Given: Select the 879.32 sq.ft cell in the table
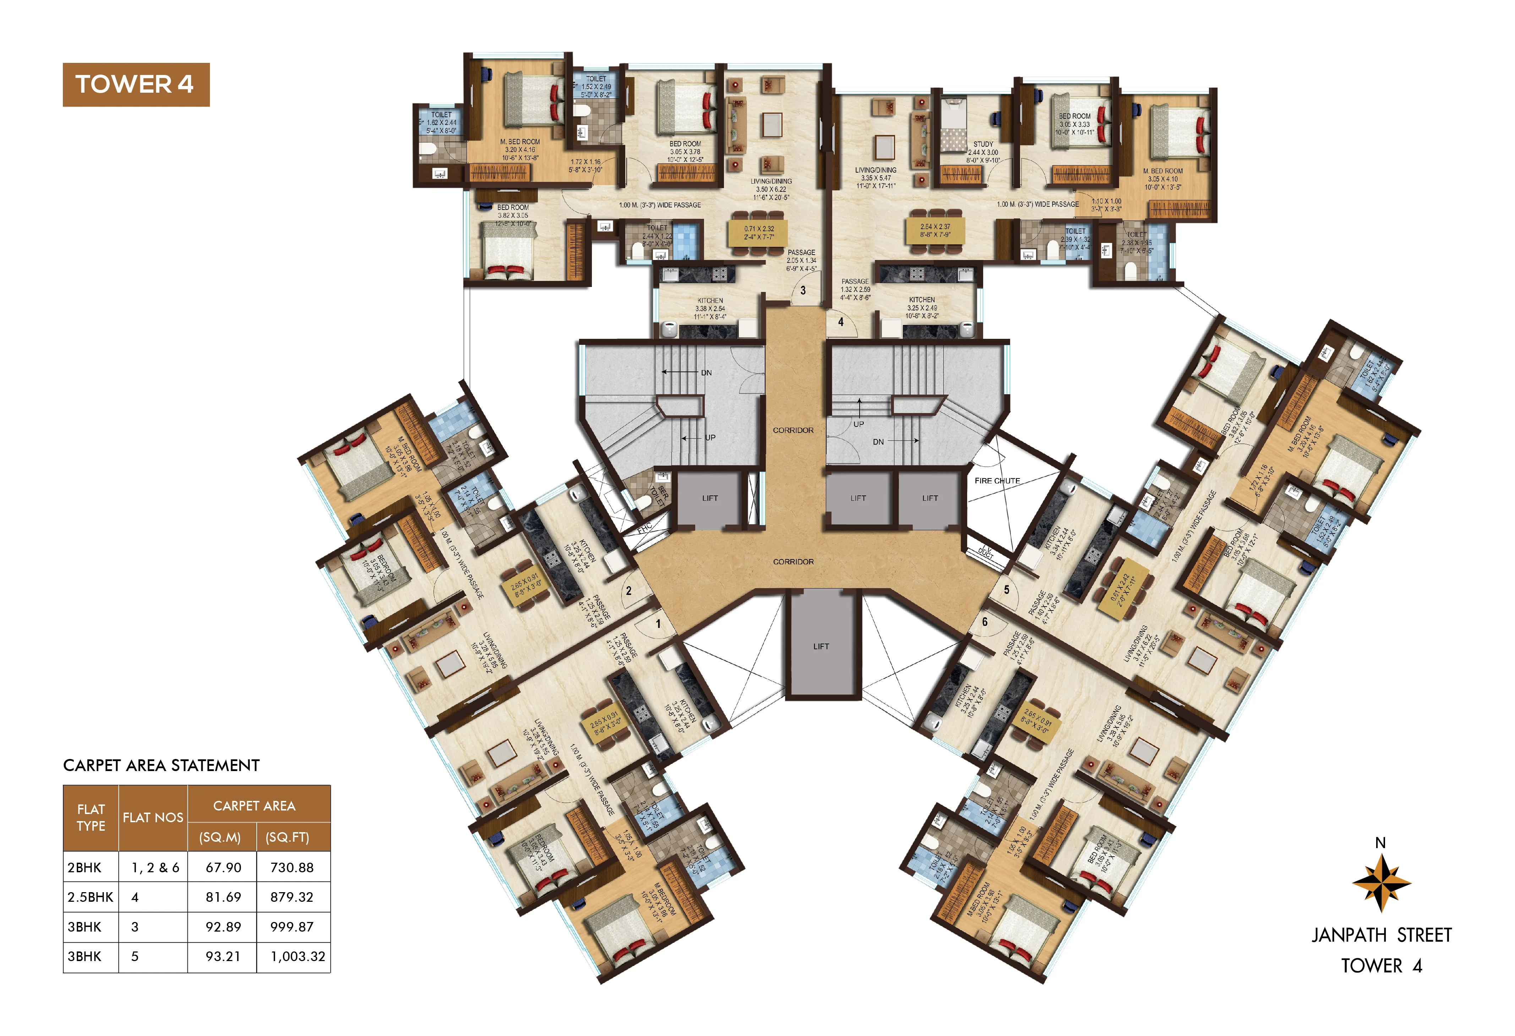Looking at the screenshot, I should [291, 897].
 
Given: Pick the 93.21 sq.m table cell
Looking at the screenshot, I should [223, 956].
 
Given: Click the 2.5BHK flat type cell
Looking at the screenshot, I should [90, 897].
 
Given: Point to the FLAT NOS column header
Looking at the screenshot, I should [153, 818].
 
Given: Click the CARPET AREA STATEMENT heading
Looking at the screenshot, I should [161, 765].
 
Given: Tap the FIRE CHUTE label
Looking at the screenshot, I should [997, 481].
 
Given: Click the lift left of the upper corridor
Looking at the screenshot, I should [710, 498].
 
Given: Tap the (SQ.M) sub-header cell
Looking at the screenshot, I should [220, 837].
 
